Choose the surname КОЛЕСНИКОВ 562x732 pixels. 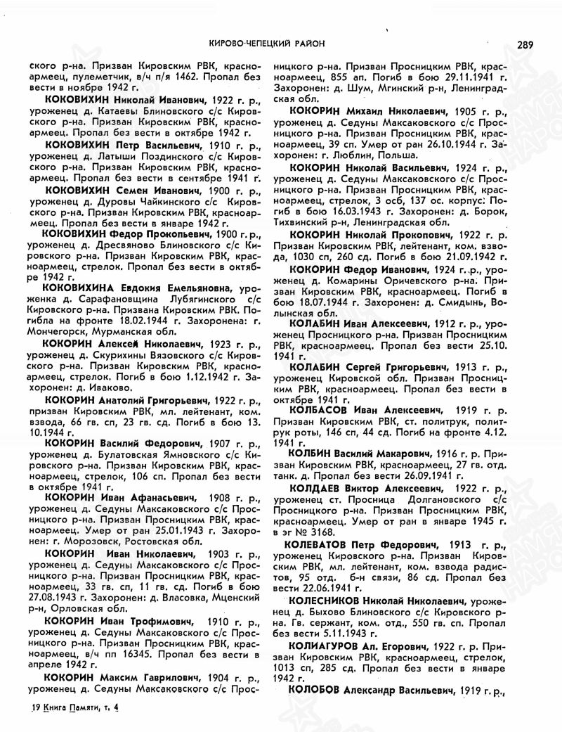tap(325, 601)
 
